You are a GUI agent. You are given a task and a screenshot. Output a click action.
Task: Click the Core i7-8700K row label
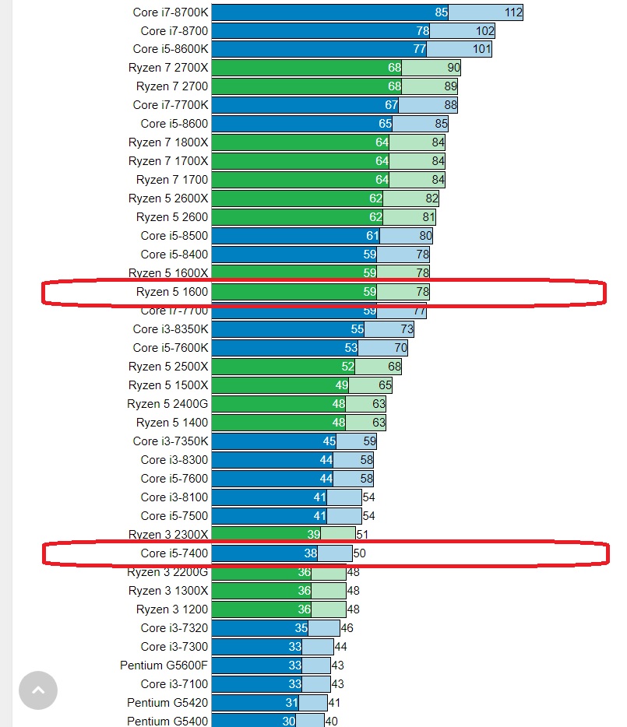pyautogui.click(x=171, y=12)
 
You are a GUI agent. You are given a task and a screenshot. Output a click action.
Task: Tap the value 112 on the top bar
pyautogui.click(x=513, y=12)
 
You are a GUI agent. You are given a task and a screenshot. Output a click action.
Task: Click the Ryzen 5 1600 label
pyautogui.click(x=172, y=292)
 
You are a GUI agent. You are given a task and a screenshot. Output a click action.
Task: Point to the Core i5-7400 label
pyautogui.click(x=174, y=553)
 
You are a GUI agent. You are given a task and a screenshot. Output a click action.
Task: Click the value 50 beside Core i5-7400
pyautogui.click(x=359, y=553)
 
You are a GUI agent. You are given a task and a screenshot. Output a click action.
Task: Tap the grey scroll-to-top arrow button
pyautogui.click(x=38, y=690)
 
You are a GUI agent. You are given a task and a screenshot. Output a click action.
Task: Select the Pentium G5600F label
pyautogui.click(x=164, y=666)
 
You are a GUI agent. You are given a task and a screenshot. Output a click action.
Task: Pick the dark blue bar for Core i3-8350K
pyautogui.click(x=280, y=329)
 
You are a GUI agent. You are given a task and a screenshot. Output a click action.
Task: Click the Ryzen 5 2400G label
pyautogui.click(x=167, y=404)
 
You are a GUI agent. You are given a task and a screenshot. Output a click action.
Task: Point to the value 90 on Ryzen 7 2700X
pyautogui.click(x=453, y=68)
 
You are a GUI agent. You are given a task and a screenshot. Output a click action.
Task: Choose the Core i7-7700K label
pyautogui.click(x=171, y=105)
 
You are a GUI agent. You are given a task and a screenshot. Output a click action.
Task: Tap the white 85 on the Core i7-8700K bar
pyautogui.click(x=442, y=12)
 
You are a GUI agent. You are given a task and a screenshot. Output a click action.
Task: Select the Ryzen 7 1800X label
pyautogui.click(x=168, y=142)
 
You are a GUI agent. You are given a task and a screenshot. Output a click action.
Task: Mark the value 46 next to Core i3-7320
pyautogui.click(x=347, y=628)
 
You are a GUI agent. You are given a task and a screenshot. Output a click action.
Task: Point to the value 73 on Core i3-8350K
pyautogui.click(x=407, y=329)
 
